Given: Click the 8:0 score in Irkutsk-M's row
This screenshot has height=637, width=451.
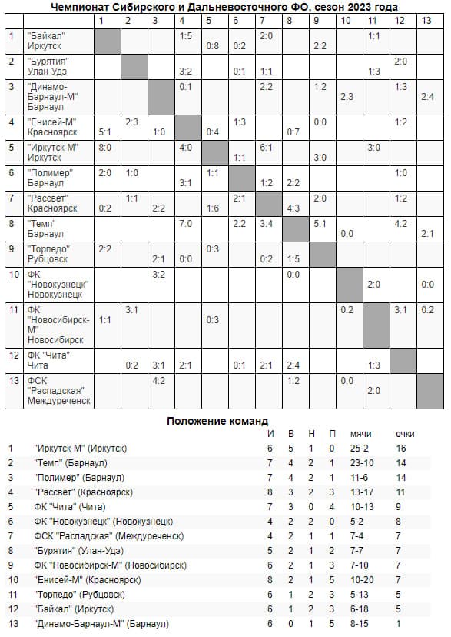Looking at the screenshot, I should click(104, 147).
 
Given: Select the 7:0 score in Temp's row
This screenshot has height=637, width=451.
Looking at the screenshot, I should click(184, 224).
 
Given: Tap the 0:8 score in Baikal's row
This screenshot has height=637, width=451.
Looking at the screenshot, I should click(212, 45).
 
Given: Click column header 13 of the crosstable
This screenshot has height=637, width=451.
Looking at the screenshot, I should click(426, 20).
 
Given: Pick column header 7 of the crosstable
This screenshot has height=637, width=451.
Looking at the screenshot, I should click(266, 20).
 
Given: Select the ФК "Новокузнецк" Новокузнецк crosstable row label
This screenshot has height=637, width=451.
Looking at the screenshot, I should click(57, 285).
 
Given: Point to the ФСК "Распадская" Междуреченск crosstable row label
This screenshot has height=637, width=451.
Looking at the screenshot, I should click(58, 390).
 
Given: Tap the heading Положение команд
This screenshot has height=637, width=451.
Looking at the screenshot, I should click(217, 421).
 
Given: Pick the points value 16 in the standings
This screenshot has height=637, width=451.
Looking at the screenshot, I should click(400, 448).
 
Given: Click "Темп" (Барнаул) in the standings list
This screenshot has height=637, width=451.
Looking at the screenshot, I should click(70, 462).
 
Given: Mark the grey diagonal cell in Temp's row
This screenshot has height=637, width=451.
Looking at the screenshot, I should click(293, 228).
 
